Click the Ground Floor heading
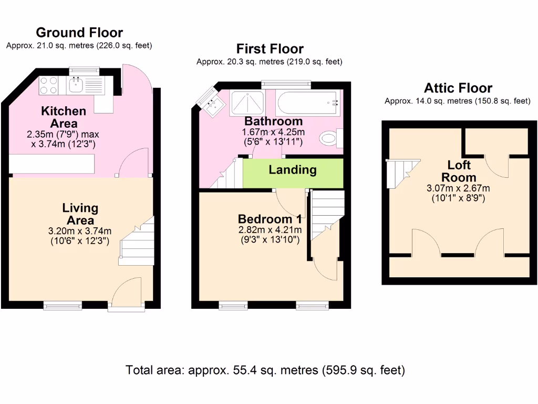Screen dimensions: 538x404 pos(79,33)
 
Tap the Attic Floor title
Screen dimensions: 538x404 pos(458,88)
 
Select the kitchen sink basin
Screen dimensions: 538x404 pos(76,85)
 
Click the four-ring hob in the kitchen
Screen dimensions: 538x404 pos(48,85)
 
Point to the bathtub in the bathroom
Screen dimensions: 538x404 pos(307,103)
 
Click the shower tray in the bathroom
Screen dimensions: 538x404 pos(247,103)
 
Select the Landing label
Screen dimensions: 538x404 pos(292,170)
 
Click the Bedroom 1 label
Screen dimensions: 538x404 pos(270,219)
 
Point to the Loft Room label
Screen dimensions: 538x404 pos(459,171)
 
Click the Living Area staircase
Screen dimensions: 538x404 pos(136,241)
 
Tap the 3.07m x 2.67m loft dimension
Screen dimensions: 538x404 pos(458,188)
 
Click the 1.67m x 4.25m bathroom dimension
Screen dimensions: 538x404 pos(273,132)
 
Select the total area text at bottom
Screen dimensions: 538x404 pos(265,370)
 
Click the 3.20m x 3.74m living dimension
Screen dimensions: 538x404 pos(80,231)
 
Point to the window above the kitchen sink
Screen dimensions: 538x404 pos(84,71)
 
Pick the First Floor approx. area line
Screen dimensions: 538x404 pos(270,62)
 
